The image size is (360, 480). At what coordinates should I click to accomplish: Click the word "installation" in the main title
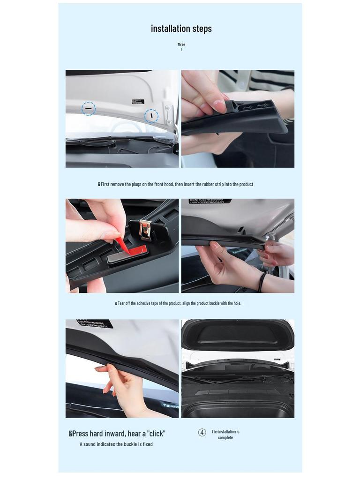click(170, 29)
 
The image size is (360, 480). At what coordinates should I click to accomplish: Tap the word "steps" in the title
click(202, 29)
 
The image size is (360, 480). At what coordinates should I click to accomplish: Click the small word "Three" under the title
click(181, 45)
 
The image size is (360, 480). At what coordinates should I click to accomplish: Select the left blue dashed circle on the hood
click(89, 109)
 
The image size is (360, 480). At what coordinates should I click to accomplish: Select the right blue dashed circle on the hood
click(151, 116)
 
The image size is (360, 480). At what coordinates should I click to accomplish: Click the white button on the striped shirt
click(241, 85)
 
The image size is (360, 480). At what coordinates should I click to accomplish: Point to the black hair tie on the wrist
click(262, 282)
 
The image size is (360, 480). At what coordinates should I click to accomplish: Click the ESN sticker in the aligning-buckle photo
click(210, 201)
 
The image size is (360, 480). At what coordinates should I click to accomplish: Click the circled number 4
click(202, 433)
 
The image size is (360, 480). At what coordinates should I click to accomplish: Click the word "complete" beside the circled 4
click(225, 438)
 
